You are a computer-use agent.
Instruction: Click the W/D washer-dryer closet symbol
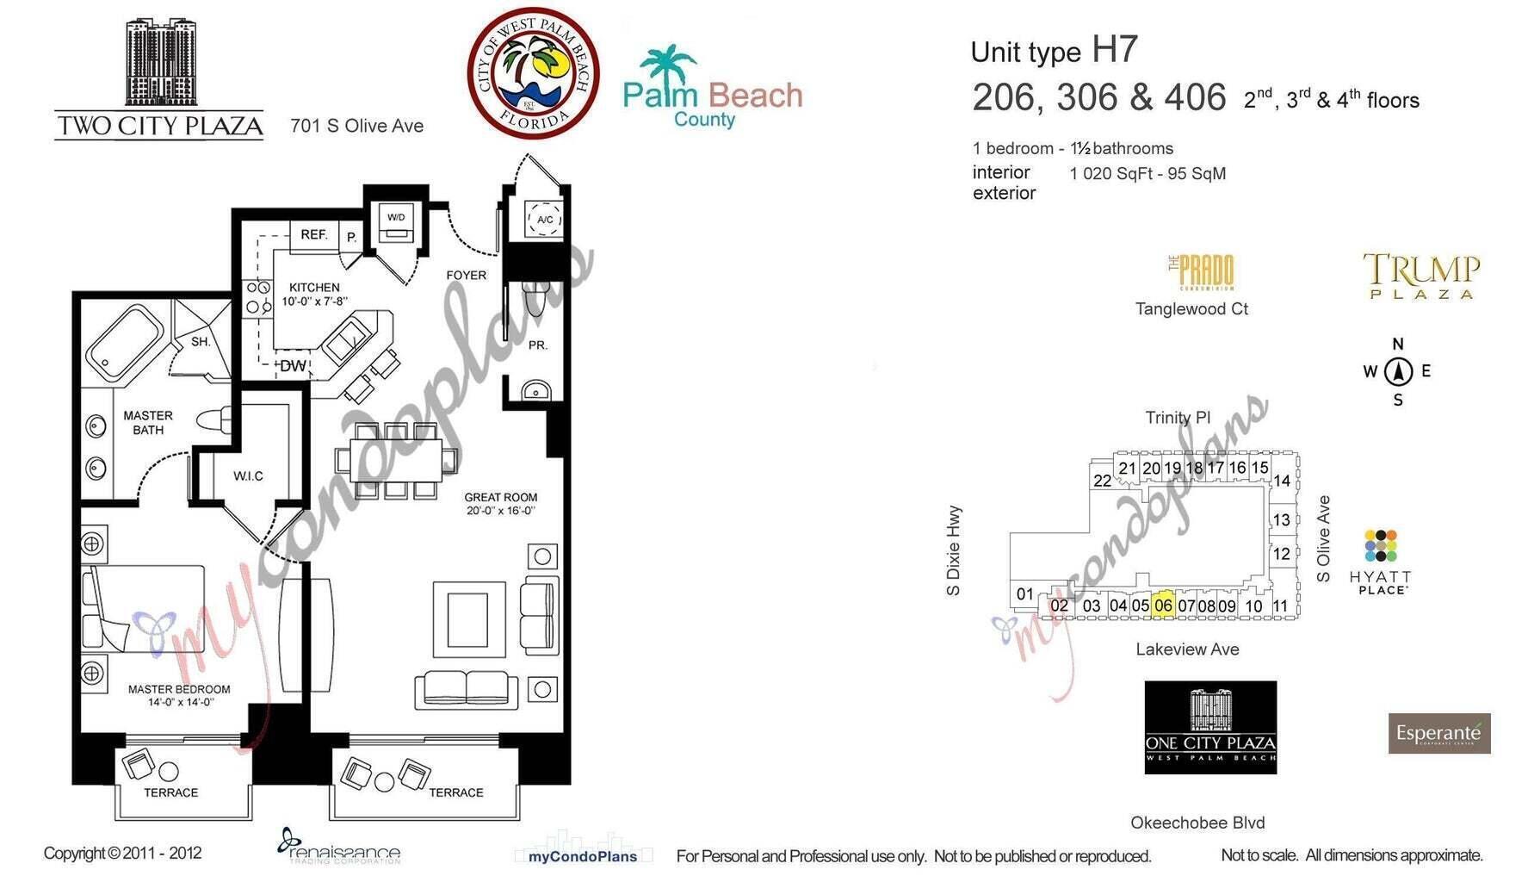coord(396,225)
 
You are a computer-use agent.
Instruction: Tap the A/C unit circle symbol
coord(544,219)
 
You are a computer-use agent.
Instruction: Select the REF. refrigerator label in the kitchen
coord(313,234)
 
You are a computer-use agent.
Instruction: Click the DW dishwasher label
coord(293,365)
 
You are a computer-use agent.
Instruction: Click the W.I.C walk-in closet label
coord(248,475)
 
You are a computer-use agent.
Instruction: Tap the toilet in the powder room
coord(535,298)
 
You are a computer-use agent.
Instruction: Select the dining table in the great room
coord(397,460)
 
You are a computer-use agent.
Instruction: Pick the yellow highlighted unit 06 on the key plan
coord(1163,604)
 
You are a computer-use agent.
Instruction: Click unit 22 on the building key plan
coord(1102,481)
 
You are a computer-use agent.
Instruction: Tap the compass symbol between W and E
coord(1398,372)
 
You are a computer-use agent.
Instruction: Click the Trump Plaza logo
coord(1421,276)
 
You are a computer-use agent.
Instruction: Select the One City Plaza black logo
coord(1210,727)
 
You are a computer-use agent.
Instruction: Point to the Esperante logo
coord(1438,733)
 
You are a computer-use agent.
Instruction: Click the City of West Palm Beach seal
coord(533,73)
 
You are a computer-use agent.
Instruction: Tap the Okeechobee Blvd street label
coord(1197,823)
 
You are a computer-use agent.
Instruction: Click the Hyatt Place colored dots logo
coord(1380,546)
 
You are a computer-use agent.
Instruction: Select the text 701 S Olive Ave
coord(356,126)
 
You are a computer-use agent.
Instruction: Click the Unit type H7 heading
coord(1054,51)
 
